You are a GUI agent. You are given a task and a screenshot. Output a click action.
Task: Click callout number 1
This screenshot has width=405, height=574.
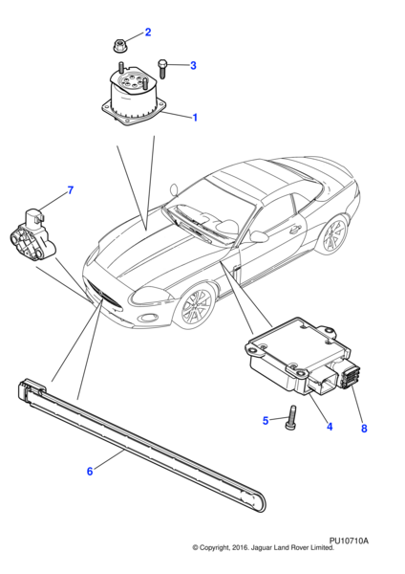click(195, 118)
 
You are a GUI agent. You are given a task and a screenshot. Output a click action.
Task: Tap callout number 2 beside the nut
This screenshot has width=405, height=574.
click(147, 33)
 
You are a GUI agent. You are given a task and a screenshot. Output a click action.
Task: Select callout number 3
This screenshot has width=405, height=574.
click(192, 66)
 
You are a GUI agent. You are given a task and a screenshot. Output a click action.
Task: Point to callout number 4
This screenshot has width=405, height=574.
click(329, 427)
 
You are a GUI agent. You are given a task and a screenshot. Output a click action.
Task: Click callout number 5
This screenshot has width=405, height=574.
click(266, 420)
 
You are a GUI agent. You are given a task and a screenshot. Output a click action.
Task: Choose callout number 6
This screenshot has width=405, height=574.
click(90, 471)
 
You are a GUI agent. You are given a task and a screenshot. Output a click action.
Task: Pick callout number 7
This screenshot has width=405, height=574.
click(70, 191)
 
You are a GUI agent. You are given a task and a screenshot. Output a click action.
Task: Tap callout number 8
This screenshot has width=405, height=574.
click(364, 429)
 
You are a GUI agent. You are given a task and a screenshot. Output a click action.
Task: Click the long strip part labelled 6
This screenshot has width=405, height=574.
click(143, 450)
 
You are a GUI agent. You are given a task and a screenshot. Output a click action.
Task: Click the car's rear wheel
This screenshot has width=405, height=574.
click(333, 236)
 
